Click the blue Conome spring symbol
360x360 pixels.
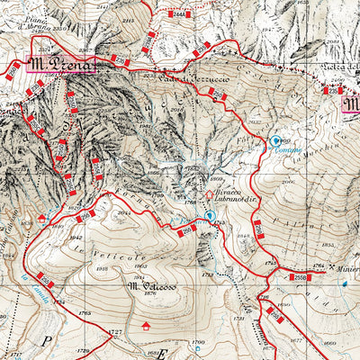coord(275,140)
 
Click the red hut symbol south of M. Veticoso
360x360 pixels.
coord(146,325)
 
